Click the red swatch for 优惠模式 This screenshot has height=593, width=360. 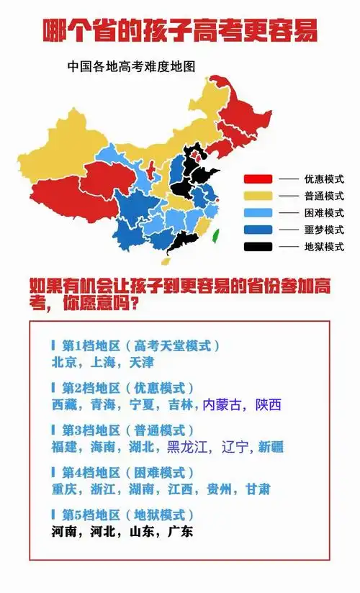click(x=258, y=178)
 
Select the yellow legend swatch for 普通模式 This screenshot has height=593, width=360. click(x=258, y=196)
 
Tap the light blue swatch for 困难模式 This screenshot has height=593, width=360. click(x=258, y=213)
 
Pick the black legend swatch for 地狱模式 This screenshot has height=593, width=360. click(x=258, y=247)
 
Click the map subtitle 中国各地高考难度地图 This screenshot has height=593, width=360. click(x=132, y=66)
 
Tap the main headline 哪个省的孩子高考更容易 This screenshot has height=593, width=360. click(x=180, y=31)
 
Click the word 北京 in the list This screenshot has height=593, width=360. click(x=64, y=362)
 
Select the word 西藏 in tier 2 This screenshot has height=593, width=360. click(x=64, y=404)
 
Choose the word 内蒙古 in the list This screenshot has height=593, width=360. click(x=224, y=404)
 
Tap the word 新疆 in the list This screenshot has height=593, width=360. click(x=271, y=447)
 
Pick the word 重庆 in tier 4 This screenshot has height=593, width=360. click(x=64, y=489)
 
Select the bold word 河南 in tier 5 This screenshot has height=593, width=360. click(x=64, y=532)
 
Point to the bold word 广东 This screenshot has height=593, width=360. click(x=179, y=532)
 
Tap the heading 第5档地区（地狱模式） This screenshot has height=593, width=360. click(x=122, y=515)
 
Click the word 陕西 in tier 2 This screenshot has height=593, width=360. click(x=268, y=404)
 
